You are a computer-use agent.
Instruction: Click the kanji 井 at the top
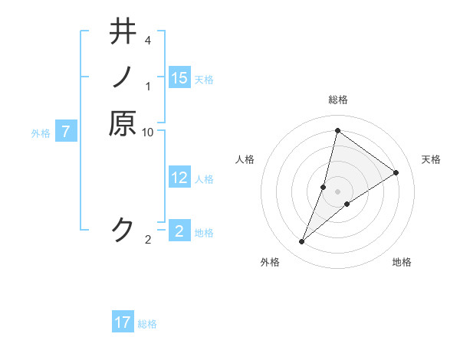[123, 32]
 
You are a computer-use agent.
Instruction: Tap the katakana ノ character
[123, 77]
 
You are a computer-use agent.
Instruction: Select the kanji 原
[123, 123]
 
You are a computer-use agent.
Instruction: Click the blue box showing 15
[179, 78]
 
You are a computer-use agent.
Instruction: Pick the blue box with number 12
[179, 178]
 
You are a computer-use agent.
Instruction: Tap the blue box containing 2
[179, 231]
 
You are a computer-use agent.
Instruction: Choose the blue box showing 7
[67, 132]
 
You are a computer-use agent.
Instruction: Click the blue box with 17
[123, 322]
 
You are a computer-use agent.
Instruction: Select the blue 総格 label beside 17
[147, 324]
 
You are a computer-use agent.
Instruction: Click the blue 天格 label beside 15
[204, 80]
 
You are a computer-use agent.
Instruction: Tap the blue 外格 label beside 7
[41, 133]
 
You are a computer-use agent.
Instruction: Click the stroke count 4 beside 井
[147, 39]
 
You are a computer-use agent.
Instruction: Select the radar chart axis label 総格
[337, 100]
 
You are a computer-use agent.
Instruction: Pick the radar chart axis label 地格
[402, 262]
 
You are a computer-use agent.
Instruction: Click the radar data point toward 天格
[396, 172]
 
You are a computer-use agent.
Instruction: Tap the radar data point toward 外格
[302, 242]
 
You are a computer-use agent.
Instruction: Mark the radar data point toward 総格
[337, 131]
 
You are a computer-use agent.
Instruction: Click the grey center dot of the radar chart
[337, 191]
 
